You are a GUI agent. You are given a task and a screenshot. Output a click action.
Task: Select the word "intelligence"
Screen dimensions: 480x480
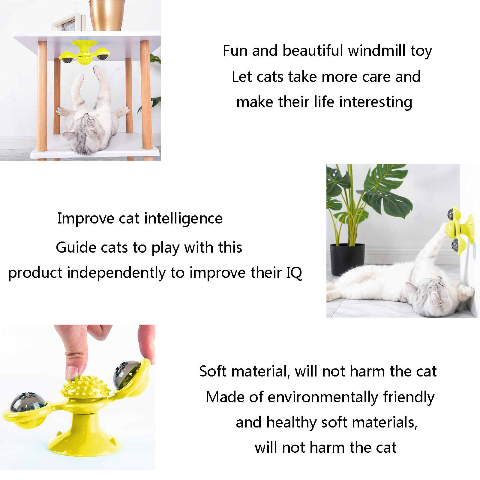pyautogui.click(x=184, y=218)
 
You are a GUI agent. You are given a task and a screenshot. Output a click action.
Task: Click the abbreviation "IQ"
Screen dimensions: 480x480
pyautogui.click(x=294, y=272)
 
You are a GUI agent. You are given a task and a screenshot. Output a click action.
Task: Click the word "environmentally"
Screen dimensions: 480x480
pyautogui.click(x=323, y=397)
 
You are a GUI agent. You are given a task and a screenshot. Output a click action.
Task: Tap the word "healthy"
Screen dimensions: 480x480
pyautogui.click(x=292, y=422)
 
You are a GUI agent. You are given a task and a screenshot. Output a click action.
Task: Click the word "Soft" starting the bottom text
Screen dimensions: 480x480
pyautogui.click(x=213, y=371)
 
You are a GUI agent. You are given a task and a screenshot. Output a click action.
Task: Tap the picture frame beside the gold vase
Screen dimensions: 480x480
pyautogui.click(x=69, y=22)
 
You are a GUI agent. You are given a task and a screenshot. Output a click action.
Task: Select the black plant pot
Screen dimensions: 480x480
pyautogui.click(x=347, y=259)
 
